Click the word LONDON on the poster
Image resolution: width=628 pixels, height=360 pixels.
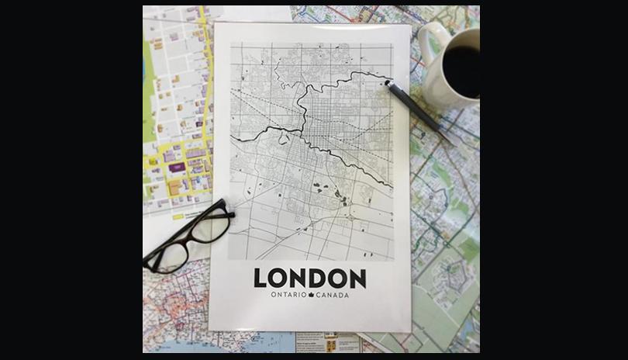(x=309, y=278)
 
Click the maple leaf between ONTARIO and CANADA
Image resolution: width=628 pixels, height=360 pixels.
(x=310, y=295)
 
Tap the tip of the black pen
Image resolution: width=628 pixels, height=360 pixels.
(x=386, y=81)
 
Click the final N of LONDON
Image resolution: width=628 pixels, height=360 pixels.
(x=357, y=278)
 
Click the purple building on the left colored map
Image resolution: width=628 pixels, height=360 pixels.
(x=177, y=167)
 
